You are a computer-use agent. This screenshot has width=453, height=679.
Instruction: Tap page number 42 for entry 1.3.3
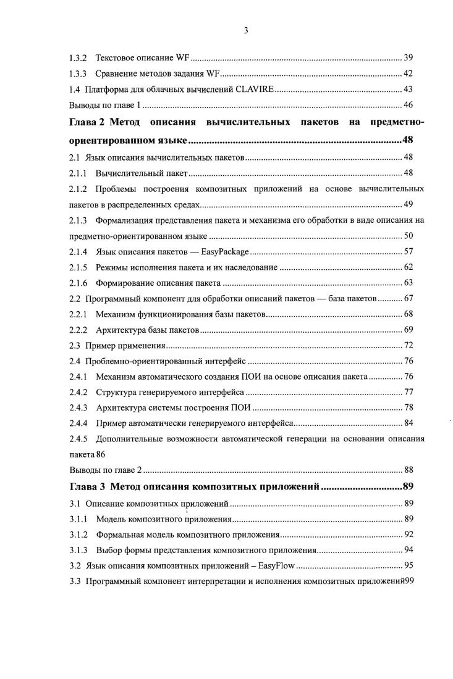tap(408, 74)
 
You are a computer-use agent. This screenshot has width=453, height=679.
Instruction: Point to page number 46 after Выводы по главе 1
tap(408, 105)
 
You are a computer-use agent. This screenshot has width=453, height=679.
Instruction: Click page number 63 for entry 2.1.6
tap(408, 283)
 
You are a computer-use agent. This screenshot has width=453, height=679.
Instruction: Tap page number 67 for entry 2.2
tap(408, 299)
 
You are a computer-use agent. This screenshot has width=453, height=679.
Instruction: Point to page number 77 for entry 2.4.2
tap(408, 391)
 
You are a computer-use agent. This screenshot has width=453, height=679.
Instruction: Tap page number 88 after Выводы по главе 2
tap(408, 470)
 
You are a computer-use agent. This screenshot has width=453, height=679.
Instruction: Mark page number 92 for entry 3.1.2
tap(408, 534)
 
